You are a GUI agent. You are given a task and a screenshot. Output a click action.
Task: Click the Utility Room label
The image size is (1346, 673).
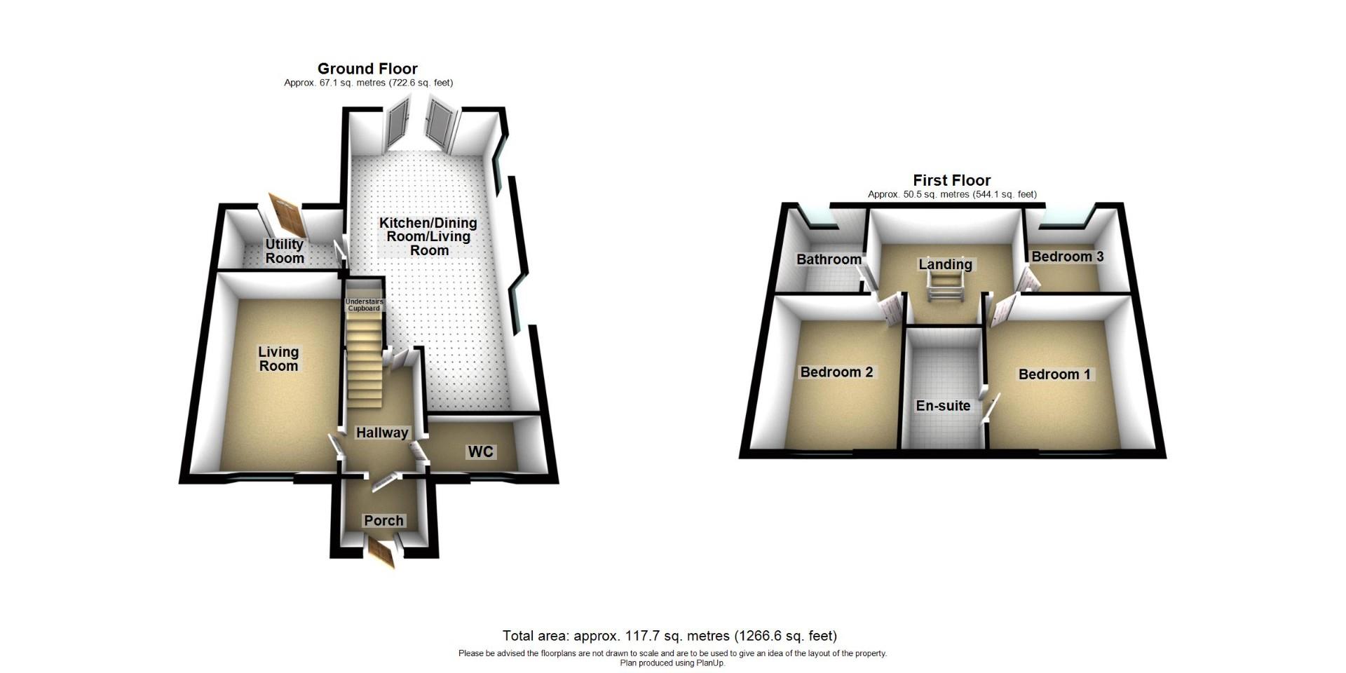[x=285, y=251]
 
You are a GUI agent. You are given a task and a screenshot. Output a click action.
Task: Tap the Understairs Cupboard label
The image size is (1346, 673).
[x=365, y=305]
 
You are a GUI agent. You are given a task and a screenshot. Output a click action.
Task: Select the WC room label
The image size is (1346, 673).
[x=481, y=451]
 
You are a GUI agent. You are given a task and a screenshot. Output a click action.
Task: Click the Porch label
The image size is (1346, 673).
[x=383, y=520]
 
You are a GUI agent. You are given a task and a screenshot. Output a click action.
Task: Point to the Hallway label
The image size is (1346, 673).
[x=382, y=433]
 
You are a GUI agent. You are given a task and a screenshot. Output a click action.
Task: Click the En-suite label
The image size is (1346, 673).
[x=944, y=405]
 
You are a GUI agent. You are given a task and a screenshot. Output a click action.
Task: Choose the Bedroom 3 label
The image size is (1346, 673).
[x=1067, y=257]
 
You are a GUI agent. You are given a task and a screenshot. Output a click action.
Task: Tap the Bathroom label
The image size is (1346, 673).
[x=829, y=259]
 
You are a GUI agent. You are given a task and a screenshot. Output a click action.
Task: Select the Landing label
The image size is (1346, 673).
[x=945, y=264]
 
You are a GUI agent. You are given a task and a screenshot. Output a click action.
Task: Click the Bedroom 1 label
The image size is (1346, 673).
[x=1054, y=374]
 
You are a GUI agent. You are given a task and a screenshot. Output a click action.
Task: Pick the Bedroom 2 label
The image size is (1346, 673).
[x=836, y=372]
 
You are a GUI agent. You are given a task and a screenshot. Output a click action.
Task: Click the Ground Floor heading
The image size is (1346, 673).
[x=367, y=69]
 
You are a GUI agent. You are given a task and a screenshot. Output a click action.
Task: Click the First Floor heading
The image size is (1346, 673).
[x=951, y=180]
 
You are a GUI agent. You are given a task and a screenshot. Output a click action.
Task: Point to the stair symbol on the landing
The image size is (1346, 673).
[x=944, y=287]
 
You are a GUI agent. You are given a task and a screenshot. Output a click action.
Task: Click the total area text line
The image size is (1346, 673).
[x=669, y=636]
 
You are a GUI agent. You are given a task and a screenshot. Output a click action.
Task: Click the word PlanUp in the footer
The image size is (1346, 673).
[x=710, y=662]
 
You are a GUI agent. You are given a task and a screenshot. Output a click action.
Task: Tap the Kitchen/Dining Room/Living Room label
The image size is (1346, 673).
[x=428, y=236]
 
